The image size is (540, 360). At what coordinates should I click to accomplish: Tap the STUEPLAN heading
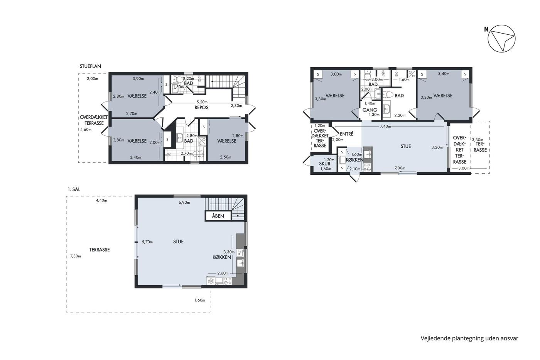90,66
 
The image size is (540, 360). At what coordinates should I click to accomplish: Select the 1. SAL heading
74,189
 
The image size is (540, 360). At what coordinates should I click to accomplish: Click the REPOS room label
201,108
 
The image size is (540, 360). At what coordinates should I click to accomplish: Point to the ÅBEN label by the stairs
218,216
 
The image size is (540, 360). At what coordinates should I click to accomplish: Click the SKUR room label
324,164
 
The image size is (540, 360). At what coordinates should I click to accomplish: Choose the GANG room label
370,110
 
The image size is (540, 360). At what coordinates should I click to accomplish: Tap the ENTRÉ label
346,134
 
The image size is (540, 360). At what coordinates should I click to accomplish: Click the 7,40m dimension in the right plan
385,126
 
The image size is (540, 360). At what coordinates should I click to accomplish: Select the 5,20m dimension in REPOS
202,102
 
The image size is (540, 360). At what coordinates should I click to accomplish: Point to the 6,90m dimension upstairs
184,203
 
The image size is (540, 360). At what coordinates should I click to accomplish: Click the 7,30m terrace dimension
76,256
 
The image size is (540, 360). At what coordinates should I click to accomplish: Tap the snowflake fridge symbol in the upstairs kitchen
211,281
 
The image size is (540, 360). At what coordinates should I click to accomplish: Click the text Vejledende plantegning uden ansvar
469,338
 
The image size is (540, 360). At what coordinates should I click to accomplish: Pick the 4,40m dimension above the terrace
101,200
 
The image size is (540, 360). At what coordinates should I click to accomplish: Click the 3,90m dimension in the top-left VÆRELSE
138,79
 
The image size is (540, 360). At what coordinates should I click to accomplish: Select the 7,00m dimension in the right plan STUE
400,168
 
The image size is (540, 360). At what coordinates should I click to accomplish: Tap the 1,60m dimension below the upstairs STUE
200,300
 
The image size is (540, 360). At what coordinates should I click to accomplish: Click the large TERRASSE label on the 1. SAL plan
100,250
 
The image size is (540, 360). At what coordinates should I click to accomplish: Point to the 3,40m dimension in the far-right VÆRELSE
444,74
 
